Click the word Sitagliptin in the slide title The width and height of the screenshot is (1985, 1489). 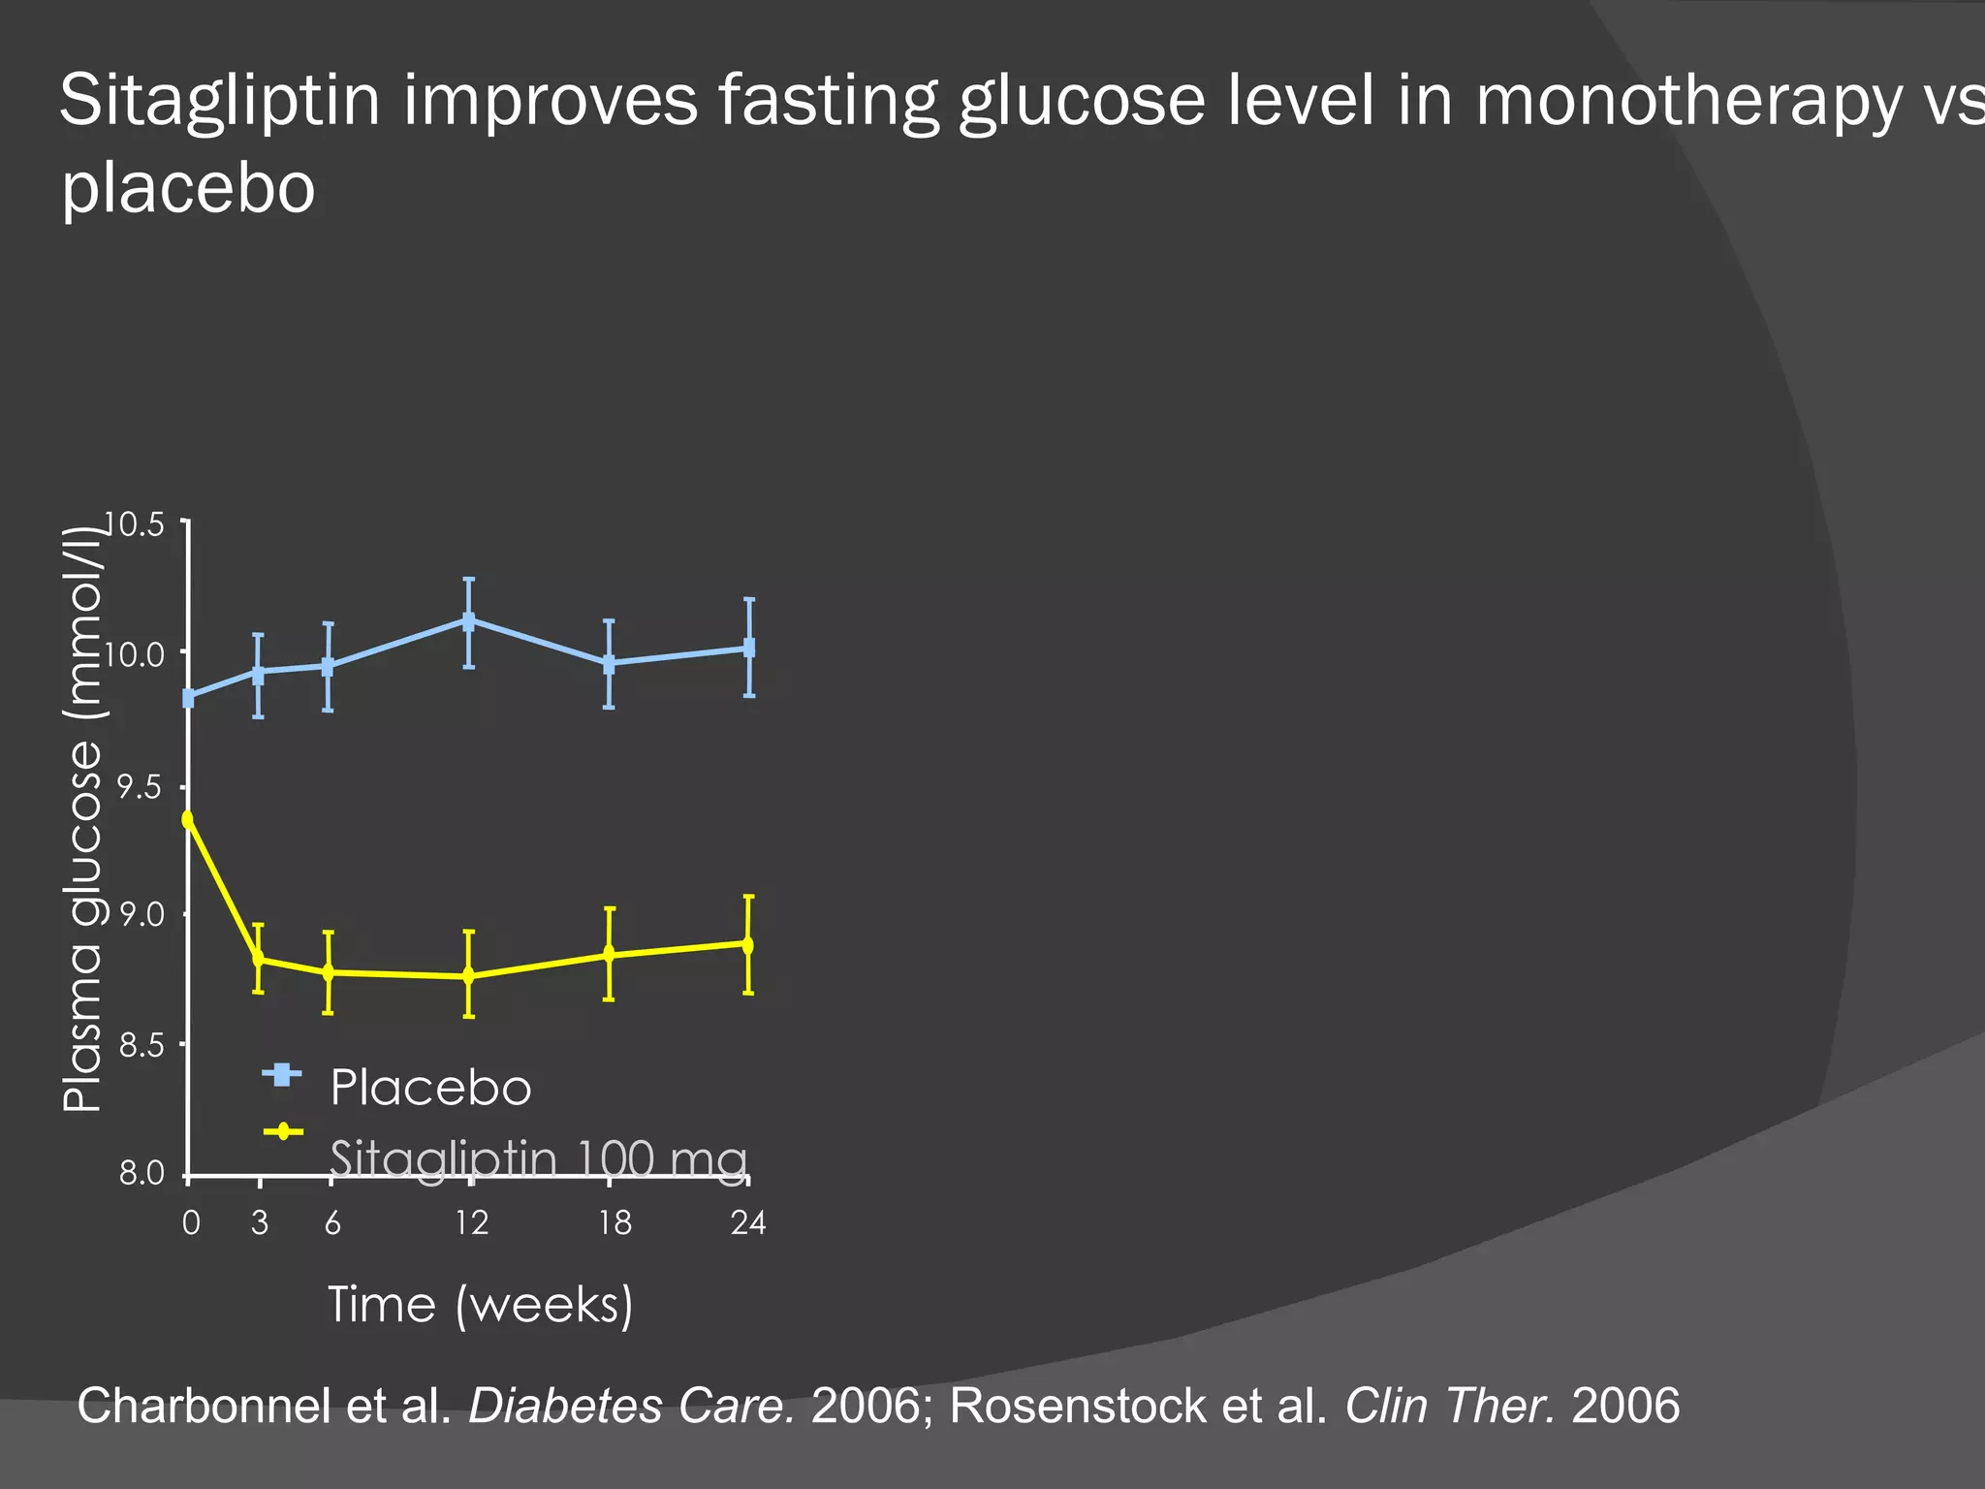click(219, 102)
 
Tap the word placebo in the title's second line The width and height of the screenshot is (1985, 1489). click(188, 188)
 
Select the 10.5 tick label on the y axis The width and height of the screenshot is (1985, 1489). click(135, 525)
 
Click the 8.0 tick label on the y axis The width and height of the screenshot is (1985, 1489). click(142, 1174)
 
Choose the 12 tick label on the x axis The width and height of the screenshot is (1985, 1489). click(472, 1223)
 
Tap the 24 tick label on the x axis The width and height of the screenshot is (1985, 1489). click(747, 1223)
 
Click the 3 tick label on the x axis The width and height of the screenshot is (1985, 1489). click(260, 1223)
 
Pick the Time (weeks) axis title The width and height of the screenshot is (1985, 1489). click(480, 1305)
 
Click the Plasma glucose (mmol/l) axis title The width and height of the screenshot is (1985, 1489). click(83, 819)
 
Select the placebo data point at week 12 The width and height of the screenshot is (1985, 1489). click(469, 620)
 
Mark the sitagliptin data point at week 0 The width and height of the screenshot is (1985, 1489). click(188, 819)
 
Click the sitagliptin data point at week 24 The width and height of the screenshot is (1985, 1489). click(748, 944)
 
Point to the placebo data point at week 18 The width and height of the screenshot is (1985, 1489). click(609, 664)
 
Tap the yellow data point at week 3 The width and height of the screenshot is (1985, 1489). click(259, 959)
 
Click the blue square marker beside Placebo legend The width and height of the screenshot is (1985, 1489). click(282, 1074)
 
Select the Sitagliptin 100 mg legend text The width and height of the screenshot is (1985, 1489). click(538, 1158)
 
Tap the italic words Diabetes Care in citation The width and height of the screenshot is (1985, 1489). click(631, 1406)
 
